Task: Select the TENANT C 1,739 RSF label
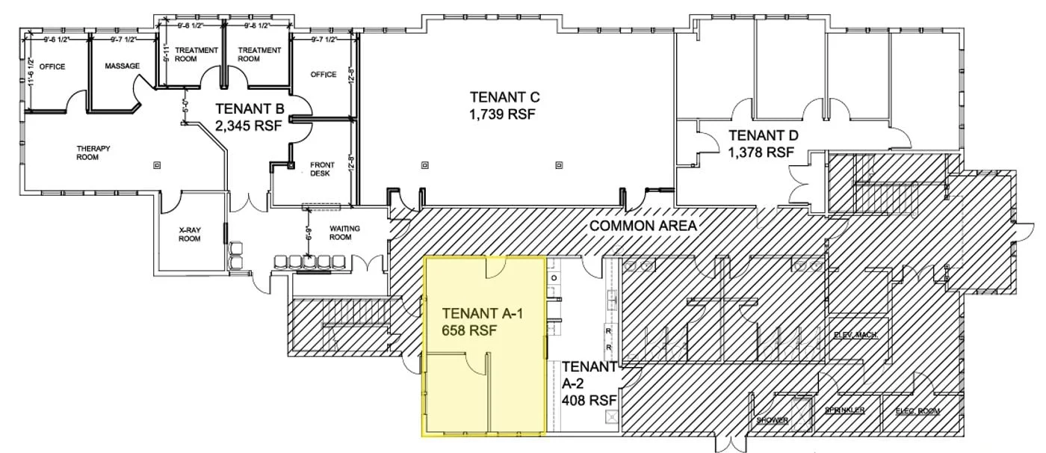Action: click(x=504, y=105)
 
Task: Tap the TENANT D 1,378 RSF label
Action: click(x=763, y=144)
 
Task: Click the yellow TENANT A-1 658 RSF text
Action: click(x=481, y=322)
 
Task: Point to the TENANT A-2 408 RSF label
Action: click(x=589, y=383)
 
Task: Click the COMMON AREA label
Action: click(x=643, y=226)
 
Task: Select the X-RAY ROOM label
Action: click(x=190, y=235)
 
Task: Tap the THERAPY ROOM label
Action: click(x=93, y=152)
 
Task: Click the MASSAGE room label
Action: click(x=122, y=67)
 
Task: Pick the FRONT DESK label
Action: click(x=322, y=169)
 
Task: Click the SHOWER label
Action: click(x=772, y=421)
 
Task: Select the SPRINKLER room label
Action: click(x=845, y=410)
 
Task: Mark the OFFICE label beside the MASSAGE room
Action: click(x=52, y=67)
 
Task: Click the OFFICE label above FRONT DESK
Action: click(x=324, y=75)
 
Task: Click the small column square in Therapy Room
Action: click(x=157, y=164)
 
